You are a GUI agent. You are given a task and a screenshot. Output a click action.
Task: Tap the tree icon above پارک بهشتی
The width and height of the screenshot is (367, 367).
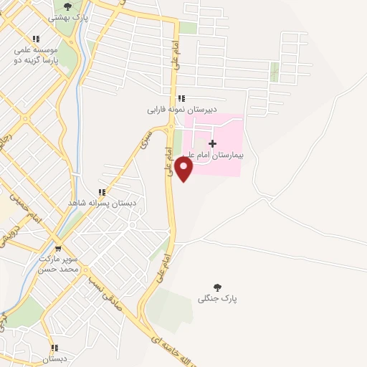68,6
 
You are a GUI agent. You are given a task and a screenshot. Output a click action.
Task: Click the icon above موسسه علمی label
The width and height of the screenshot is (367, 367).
36,39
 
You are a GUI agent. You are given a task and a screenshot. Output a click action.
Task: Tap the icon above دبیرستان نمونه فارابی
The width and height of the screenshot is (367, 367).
181,98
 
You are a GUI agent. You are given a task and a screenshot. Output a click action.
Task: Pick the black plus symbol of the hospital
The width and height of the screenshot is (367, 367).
212,143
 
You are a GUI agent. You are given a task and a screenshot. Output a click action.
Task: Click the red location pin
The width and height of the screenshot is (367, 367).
184,168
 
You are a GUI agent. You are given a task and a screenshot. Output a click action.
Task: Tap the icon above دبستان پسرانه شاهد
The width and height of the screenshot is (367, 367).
103,192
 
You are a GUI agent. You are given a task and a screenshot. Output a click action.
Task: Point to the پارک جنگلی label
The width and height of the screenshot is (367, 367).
218,297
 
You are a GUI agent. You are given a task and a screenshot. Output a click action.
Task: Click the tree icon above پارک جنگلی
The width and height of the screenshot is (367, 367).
218,286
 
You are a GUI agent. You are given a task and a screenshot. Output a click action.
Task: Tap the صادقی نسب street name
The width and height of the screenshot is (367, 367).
108,293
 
